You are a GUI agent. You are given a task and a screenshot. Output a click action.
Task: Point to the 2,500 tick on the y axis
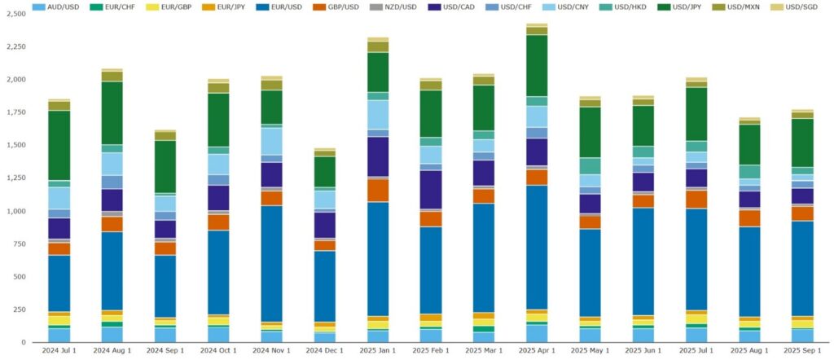pyautogui.click(x=16, y=14)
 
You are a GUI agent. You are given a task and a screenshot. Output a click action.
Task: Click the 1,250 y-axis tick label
pyautogui.click(x=16, y=178)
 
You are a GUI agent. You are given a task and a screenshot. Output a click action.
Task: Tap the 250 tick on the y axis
pyautogui.click(x=21, y=310)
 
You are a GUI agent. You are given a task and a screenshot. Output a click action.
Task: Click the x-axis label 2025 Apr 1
pyautogui.click(x=537, y=350)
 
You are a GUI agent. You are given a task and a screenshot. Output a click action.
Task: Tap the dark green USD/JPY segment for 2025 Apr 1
pyautogui.click(x=537, y=65)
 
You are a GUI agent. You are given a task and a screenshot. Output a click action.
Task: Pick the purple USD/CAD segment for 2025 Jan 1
pyautogui.click(x=378, y=156)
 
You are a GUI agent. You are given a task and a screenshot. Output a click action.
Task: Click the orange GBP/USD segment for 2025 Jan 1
pyautogui.click(x=378, y=190)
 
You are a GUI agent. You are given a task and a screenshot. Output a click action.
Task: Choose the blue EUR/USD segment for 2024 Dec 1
pyautogui.click(x=325, y=285)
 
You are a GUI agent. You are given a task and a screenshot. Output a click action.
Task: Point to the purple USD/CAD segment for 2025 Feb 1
pyautogui.click(x=431, y=189)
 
